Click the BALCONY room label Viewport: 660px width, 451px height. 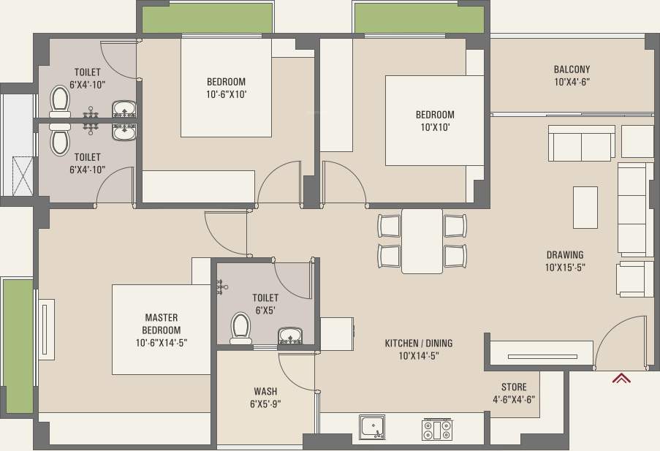click(572, 69)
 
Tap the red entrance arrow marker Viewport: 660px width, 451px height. click(622, 378)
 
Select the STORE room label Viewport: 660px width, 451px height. click(514, 387)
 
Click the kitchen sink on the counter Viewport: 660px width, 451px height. click(372, 427)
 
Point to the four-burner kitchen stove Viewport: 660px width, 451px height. click(437, 429)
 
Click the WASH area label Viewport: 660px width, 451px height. click(265, 391)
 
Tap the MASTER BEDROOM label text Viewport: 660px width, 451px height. click(162, 324)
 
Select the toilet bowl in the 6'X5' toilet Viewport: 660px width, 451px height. click(240, 328)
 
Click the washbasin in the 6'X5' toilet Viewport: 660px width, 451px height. click(290, 336)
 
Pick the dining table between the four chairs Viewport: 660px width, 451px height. click(422, 241)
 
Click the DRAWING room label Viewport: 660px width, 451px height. click(565, 255)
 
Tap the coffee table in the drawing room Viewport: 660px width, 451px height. click(585, 208)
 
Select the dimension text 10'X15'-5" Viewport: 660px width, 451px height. click(565, 268)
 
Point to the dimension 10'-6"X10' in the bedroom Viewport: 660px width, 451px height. click(226, 94)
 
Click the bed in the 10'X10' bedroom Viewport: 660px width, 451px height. click(434, 121)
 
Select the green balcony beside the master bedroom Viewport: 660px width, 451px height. click(18, 346)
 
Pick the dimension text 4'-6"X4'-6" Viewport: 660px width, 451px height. click(514, 400)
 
